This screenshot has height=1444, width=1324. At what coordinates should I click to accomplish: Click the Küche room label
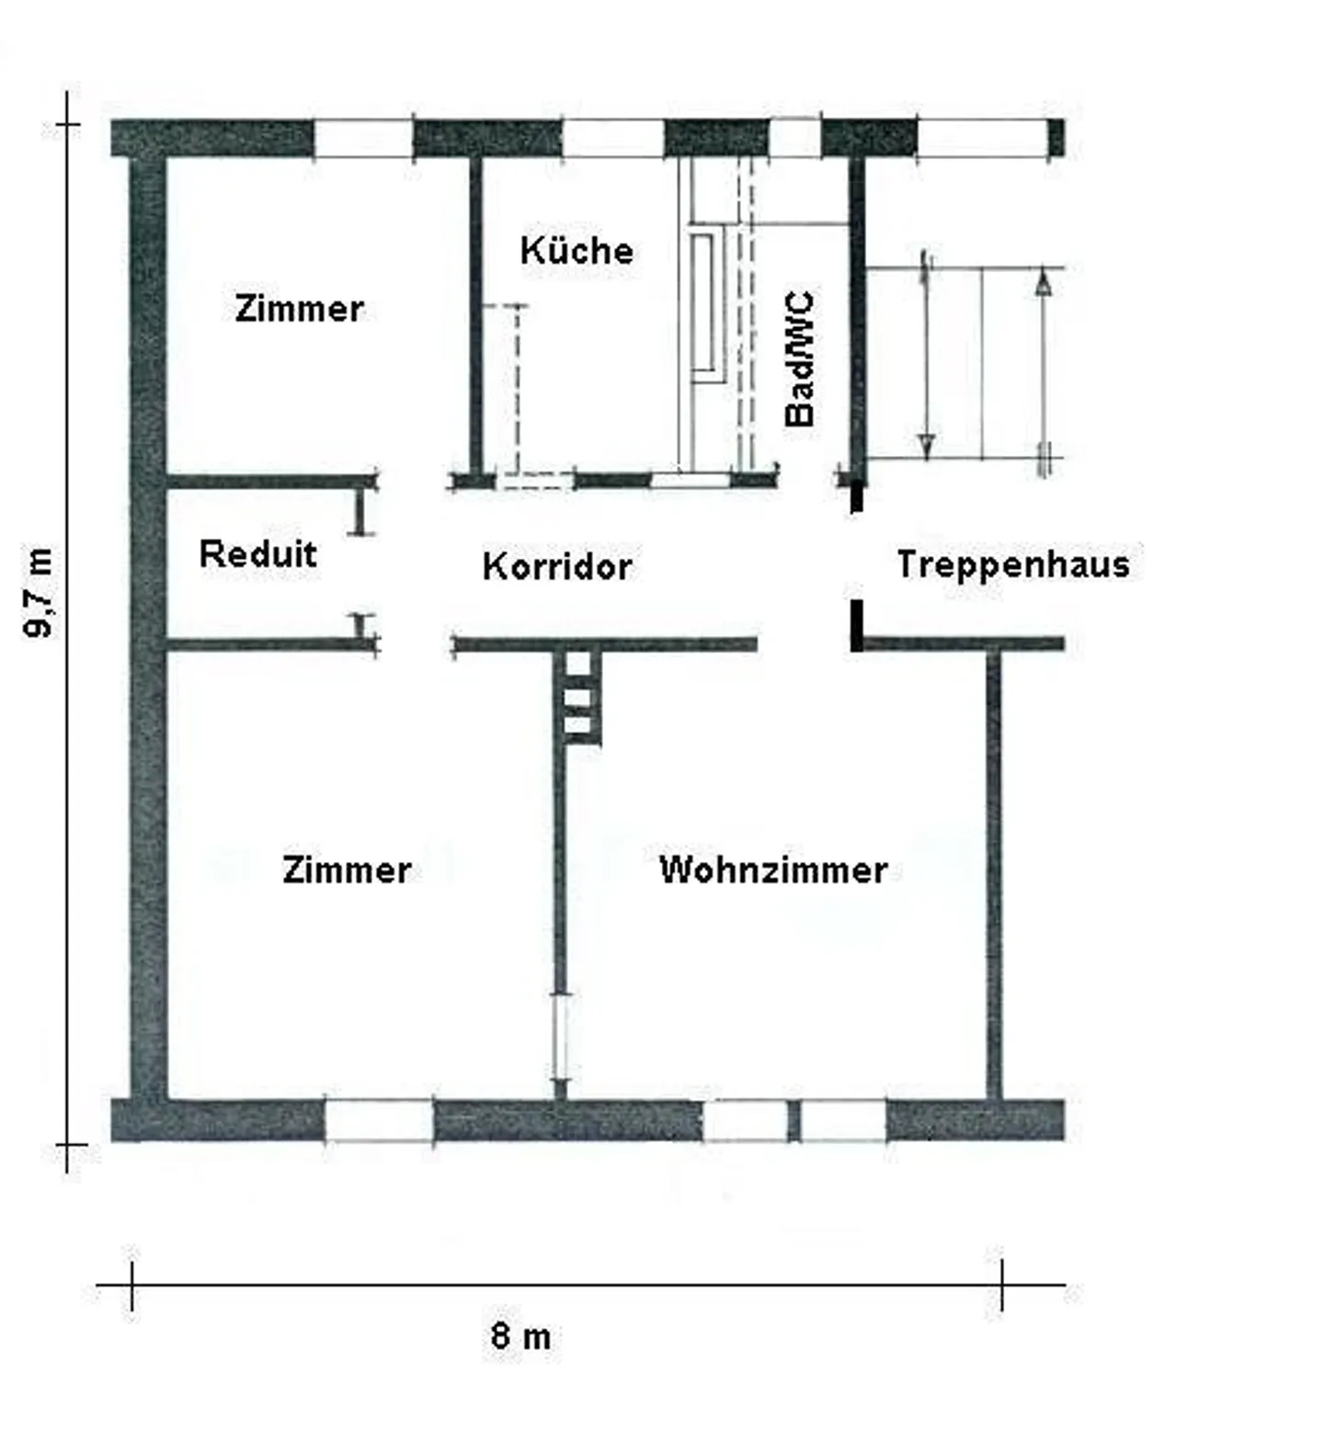(x=576, y=250)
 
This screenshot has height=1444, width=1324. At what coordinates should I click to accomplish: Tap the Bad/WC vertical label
(x=800, y=358)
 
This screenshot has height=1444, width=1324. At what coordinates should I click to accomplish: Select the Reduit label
(x=257, y=553)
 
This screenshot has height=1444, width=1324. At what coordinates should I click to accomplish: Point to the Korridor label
(x=557, y=566)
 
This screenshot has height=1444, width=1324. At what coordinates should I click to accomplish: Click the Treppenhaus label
(x=1013, y=563)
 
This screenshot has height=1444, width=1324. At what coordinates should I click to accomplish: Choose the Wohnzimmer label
(x=773, y=869)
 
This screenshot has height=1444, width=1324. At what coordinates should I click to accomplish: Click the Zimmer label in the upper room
(x=299, y=308)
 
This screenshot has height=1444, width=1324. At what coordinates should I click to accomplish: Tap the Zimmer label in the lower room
(x=347, y=869)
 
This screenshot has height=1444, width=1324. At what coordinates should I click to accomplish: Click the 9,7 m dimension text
(x=39, y=592)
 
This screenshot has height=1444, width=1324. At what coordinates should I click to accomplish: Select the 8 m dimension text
(x=520, y=1336)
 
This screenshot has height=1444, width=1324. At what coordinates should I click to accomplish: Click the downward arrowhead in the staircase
(x=927, y=446)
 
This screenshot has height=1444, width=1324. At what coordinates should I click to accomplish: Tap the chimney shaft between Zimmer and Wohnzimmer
(x=577, y=695)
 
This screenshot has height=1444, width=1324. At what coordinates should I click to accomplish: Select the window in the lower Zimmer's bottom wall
(x=379, y=1120)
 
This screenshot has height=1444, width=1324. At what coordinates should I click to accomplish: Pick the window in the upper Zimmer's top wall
(x=363, y=139)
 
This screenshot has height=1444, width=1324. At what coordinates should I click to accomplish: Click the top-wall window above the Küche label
(x=612, y=139)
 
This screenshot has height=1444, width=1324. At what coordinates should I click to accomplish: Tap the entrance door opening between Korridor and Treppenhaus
(x=856, y=556)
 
